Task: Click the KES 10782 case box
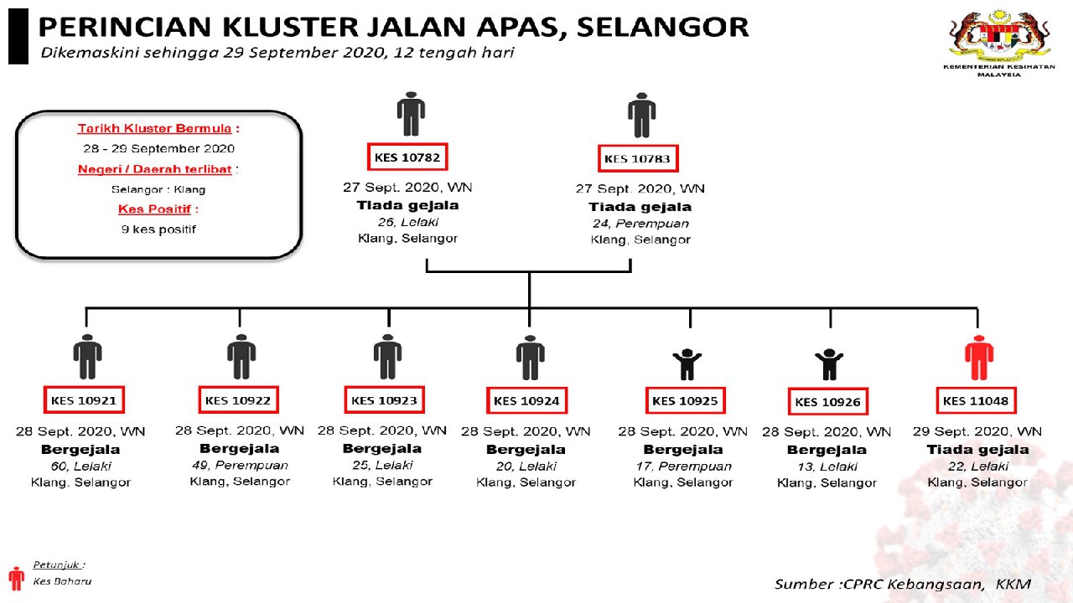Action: pos(407,157)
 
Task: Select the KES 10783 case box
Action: pos(639,158)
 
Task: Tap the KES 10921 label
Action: pos(84,400)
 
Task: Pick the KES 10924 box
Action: pos(526,401)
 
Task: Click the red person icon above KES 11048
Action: pos(978,358)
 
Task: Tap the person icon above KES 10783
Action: pos(641,115)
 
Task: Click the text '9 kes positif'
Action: pos(158,229)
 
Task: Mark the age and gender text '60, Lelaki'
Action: pos(81,466)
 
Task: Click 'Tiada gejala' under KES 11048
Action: pos(977,450)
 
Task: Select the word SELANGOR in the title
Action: pos(661,27)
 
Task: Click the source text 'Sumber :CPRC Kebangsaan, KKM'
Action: pos(902,584)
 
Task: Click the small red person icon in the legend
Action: pos(17,578)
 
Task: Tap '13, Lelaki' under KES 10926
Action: pos(827,466)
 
